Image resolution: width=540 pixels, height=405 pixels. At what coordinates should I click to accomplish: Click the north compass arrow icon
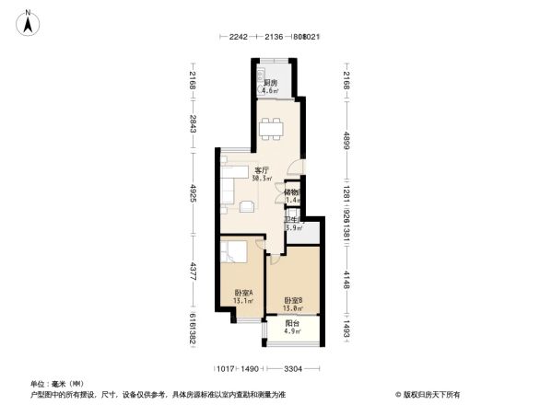pyautogui.click(x=29, y=22)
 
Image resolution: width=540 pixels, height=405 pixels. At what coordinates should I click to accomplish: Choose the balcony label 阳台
pyautogui.click(x=292, y=324)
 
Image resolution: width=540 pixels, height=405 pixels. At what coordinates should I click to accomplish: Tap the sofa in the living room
pyautogui.click(x=227, y=189)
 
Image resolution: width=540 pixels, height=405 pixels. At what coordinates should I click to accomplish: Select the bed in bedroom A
pyautogui.click(x=235, y=253)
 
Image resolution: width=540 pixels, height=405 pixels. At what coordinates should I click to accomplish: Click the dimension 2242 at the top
pyautogui.click(x=239, y=37)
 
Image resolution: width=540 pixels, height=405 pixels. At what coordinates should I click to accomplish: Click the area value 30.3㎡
pyautogui.click(x=262, y=179)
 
